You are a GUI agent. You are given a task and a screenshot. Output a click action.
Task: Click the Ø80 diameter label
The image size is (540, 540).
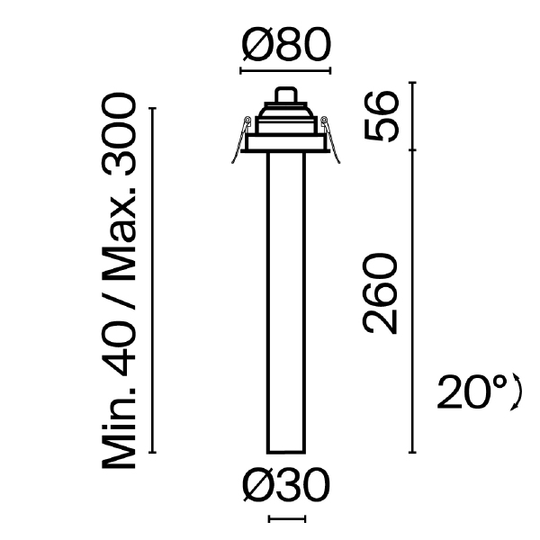click(x=286, y=45)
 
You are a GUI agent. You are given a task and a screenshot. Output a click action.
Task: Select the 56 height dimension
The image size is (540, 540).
click(x=383, y=116)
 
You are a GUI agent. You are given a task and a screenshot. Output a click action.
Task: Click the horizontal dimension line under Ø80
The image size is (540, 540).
click(x=286, y=70)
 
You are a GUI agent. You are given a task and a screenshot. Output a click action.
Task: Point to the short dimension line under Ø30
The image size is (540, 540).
click(x=287, y=519)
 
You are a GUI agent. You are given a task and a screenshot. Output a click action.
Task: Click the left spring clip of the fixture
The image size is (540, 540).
click(x=240, y=139)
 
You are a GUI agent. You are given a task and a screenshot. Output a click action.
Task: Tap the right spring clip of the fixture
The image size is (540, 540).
click(x=331, y=139)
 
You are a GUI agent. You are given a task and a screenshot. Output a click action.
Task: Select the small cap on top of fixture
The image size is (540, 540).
click(x=286, y=94)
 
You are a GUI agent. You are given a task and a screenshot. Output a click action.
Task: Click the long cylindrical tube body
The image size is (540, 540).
click(x=286, y=297)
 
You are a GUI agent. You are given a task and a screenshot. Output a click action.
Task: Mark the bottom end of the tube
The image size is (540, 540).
click(x=286, y=450)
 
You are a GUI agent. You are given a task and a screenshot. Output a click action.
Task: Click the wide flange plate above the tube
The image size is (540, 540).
click(x=286, y=145)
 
